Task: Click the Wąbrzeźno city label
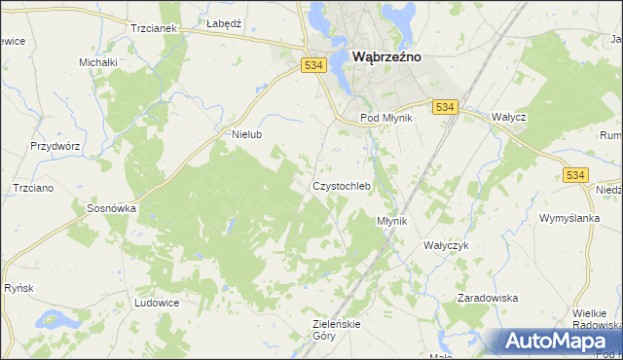click(x=385, y=57)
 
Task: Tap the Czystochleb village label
click(x=341, y=186)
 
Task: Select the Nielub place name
click(x=247, y=135)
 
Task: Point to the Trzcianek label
click(x=153, y=28)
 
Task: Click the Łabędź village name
click(x=223, y=21)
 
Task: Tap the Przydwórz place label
click(x=55, y=145)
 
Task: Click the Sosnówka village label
click(x=111, y=208)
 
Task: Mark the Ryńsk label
click(x=19, y=288)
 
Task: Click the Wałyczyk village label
click(x=446, y=245)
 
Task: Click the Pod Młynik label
click(x=387, y=117)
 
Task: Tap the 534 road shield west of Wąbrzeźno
click(x=311, y=65)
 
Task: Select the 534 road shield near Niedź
click(x=573, y=174)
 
